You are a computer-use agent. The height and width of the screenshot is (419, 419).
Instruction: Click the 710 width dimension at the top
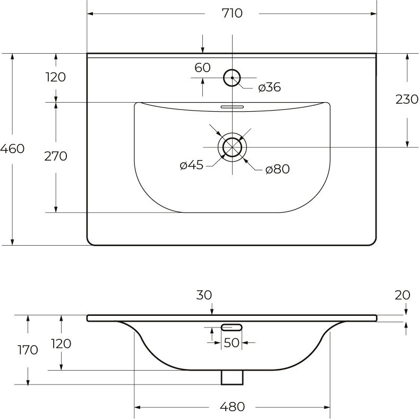232,13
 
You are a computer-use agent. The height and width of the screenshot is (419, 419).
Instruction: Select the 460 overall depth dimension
12,149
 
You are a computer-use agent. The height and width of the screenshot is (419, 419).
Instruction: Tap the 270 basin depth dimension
56,156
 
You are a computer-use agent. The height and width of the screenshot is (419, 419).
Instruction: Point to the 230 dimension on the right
407,99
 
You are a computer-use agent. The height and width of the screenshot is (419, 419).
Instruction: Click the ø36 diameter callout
269,88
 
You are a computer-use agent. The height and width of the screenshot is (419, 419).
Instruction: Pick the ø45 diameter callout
191,165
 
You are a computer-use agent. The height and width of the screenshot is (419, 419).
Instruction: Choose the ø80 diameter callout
277,170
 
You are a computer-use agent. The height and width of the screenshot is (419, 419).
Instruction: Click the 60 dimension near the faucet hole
202,68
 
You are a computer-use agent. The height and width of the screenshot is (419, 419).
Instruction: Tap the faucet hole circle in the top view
232,78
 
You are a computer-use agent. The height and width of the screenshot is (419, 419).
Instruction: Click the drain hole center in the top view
232,147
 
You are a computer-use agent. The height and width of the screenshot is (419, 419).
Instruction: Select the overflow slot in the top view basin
232,106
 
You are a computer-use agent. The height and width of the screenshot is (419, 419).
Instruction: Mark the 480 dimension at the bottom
232,407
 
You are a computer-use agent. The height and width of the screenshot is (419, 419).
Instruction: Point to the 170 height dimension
28,350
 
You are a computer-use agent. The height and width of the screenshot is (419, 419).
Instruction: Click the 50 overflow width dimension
232,343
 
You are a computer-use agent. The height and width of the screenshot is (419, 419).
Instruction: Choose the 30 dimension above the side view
204,296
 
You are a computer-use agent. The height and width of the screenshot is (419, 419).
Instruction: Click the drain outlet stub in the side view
232,376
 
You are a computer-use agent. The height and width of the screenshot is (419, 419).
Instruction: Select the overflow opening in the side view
232,327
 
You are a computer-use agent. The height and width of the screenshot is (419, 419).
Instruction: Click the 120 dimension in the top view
56,77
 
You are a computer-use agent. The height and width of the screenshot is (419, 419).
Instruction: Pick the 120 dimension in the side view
62,343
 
